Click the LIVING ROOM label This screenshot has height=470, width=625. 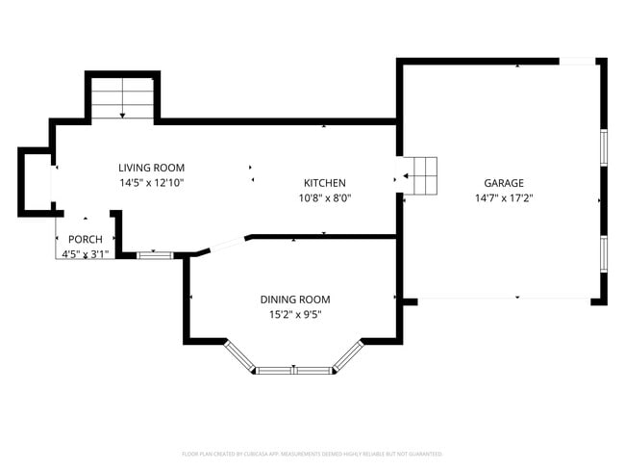(152, 168)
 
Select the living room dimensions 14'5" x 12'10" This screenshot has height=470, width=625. (152, 182)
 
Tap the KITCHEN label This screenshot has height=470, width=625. (324, 183)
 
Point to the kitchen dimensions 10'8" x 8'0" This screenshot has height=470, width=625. (324, 197)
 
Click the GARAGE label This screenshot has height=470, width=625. (503, 183)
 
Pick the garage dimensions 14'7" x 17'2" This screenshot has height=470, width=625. (503, 197)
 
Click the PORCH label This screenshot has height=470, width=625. (85, 240)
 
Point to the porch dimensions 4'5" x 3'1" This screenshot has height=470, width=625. (85, 254)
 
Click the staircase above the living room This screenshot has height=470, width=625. (123, 98)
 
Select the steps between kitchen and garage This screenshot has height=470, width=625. (420, 176)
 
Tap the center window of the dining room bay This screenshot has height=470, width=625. (293, 369)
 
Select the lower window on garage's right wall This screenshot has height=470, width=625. (603, 253)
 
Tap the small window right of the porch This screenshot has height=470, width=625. (154, 255)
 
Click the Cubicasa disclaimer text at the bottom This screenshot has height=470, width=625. (312, 454)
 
